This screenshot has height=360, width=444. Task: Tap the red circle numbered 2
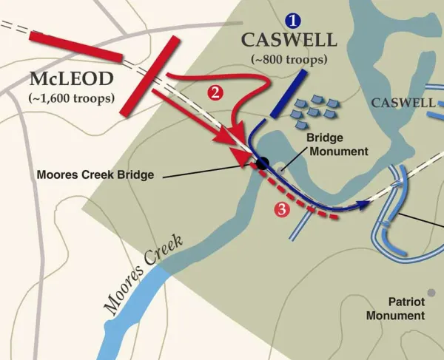[x=215, y=92]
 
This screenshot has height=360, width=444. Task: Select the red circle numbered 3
[x=280, y=210]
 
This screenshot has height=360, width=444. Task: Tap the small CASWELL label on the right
[x=403, y=103]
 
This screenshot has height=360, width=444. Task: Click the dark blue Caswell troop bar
[x=289, y=94]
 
